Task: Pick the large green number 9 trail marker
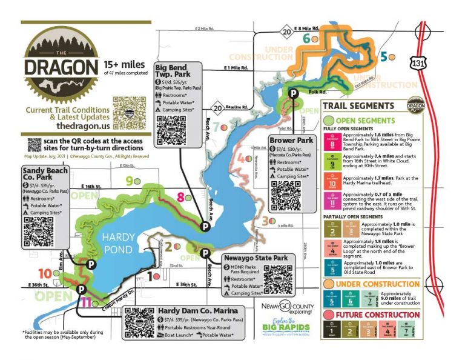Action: click(129, 181)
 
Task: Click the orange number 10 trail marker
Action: click(45, 273)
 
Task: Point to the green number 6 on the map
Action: click(306, 39)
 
